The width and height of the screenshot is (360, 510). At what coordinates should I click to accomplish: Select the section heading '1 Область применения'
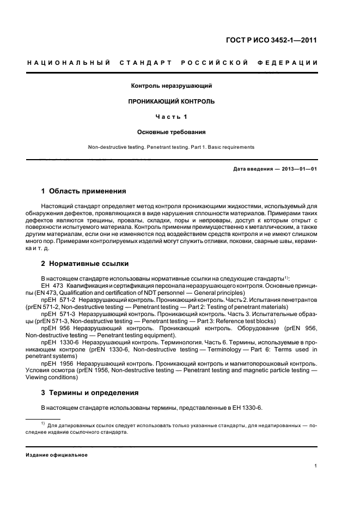(x=83, y=191)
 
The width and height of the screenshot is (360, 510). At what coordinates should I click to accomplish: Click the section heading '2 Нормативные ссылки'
(x=85, y=264)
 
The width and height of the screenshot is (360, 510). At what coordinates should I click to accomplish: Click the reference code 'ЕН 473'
(x=50, y=284)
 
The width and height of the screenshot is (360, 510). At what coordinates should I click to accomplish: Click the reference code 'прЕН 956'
(x=54, y=329)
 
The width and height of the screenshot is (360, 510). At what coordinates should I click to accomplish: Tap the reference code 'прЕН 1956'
(x=56, y=363)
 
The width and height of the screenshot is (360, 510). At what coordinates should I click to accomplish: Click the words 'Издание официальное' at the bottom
(x=57, y=455)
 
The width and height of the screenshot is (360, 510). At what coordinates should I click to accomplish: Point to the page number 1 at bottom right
(x=316, y=466)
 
